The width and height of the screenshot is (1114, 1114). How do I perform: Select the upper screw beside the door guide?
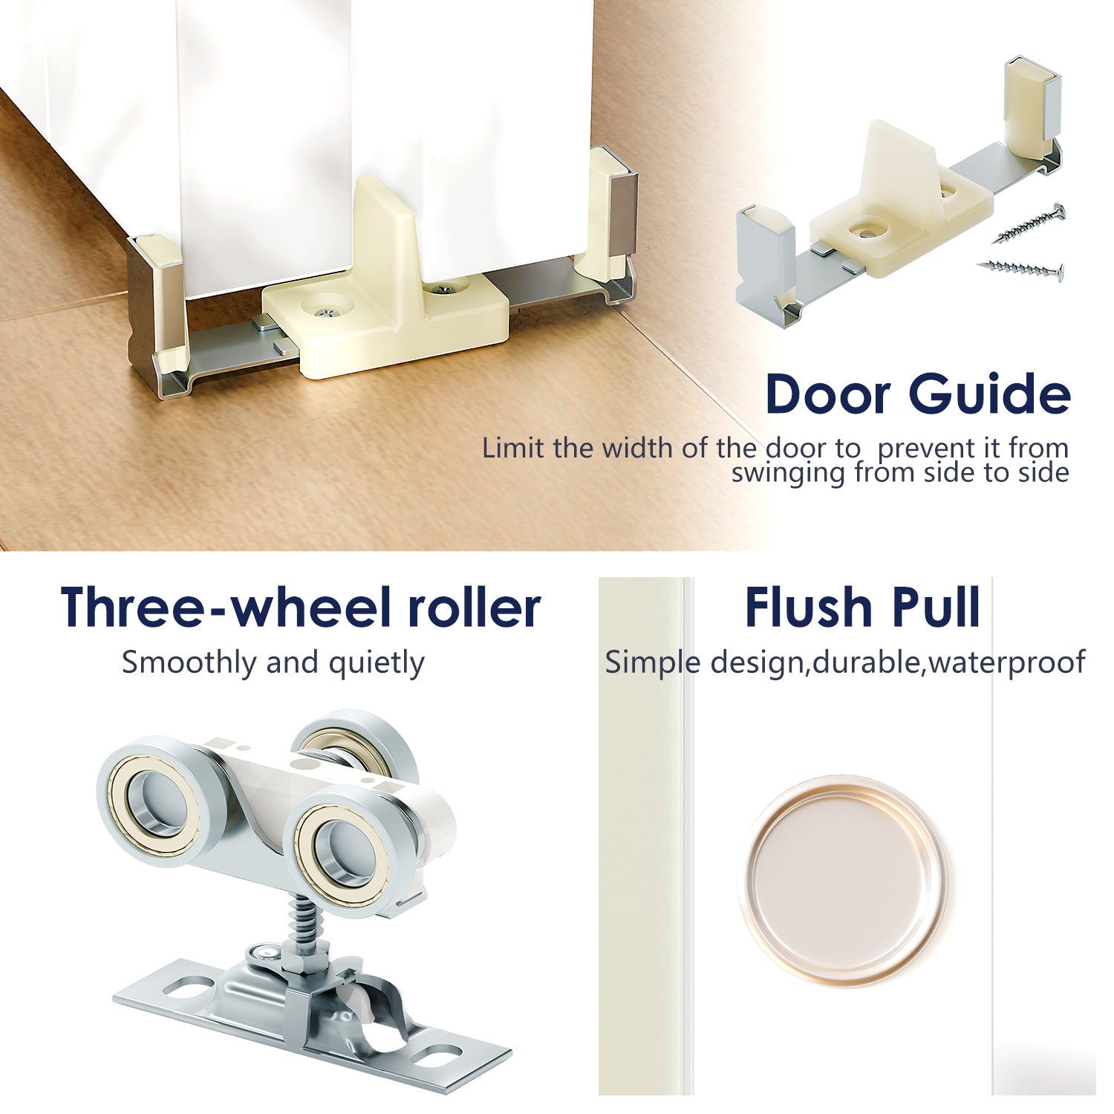(x=1032, y=224)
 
